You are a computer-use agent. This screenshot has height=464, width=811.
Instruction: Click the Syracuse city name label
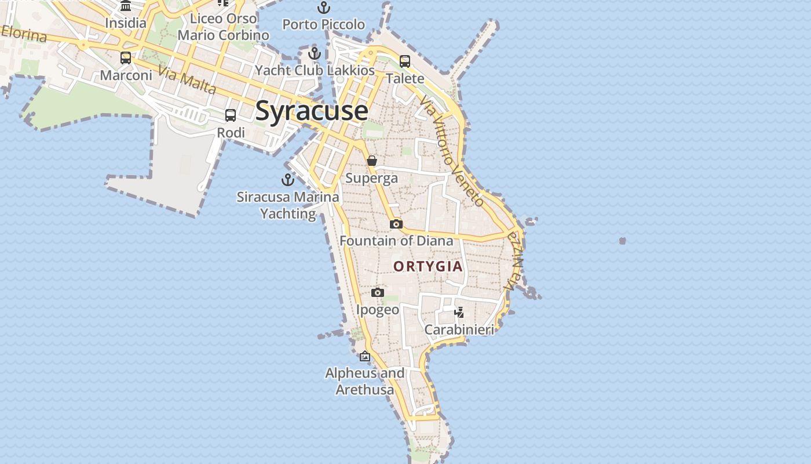312,111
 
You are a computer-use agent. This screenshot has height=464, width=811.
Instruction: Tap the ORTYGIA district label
428,266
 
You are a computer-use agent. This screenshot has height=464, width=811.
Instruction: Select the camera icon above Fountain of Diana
396,224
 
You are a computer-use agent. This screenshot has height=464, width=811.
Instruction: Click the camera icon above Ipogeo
378,292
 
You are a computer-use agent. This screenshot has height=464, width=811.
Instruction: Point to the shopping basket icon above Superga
372,161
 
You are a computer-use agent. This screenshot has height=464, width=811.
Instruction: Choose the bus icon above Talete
405,61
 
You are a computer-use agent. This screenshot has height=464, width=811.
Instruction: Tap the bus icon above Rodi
231,115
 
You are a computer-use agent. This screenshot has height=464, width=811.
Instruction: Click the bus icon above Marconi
126,58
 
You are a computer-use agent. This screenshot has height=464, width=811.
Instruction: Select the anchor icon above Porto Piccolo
324,8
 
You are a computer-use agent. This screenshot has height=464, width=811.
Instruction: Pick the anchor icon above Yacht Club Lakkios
315,53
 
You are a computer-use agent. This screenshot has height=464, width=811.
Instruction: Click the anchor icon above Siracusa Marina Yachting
288,180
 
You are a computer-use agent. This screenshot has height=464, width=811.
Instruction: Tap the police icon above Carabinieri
459,313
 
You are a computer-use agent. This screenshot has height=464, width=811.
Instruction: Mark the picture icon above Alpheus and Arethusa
365,356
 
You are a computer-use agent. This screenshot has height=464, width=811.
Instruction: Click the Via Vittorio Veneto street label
452,152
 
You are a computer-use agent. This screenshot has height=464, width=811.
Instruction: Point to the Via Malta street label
187,81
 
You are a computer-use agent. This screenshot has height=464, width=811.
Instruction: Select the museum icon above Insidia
126,6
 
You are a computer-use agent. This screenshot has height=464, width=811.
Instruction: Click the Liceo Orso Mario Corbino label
224,27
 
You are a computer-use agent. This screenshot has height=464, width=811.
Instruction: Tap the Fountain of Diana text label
396,240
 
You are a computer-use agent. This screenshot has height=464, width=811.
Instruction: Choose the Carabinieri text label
459,329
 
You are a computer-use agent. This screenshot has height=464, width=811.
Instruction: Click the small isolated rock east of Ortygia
623,240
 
